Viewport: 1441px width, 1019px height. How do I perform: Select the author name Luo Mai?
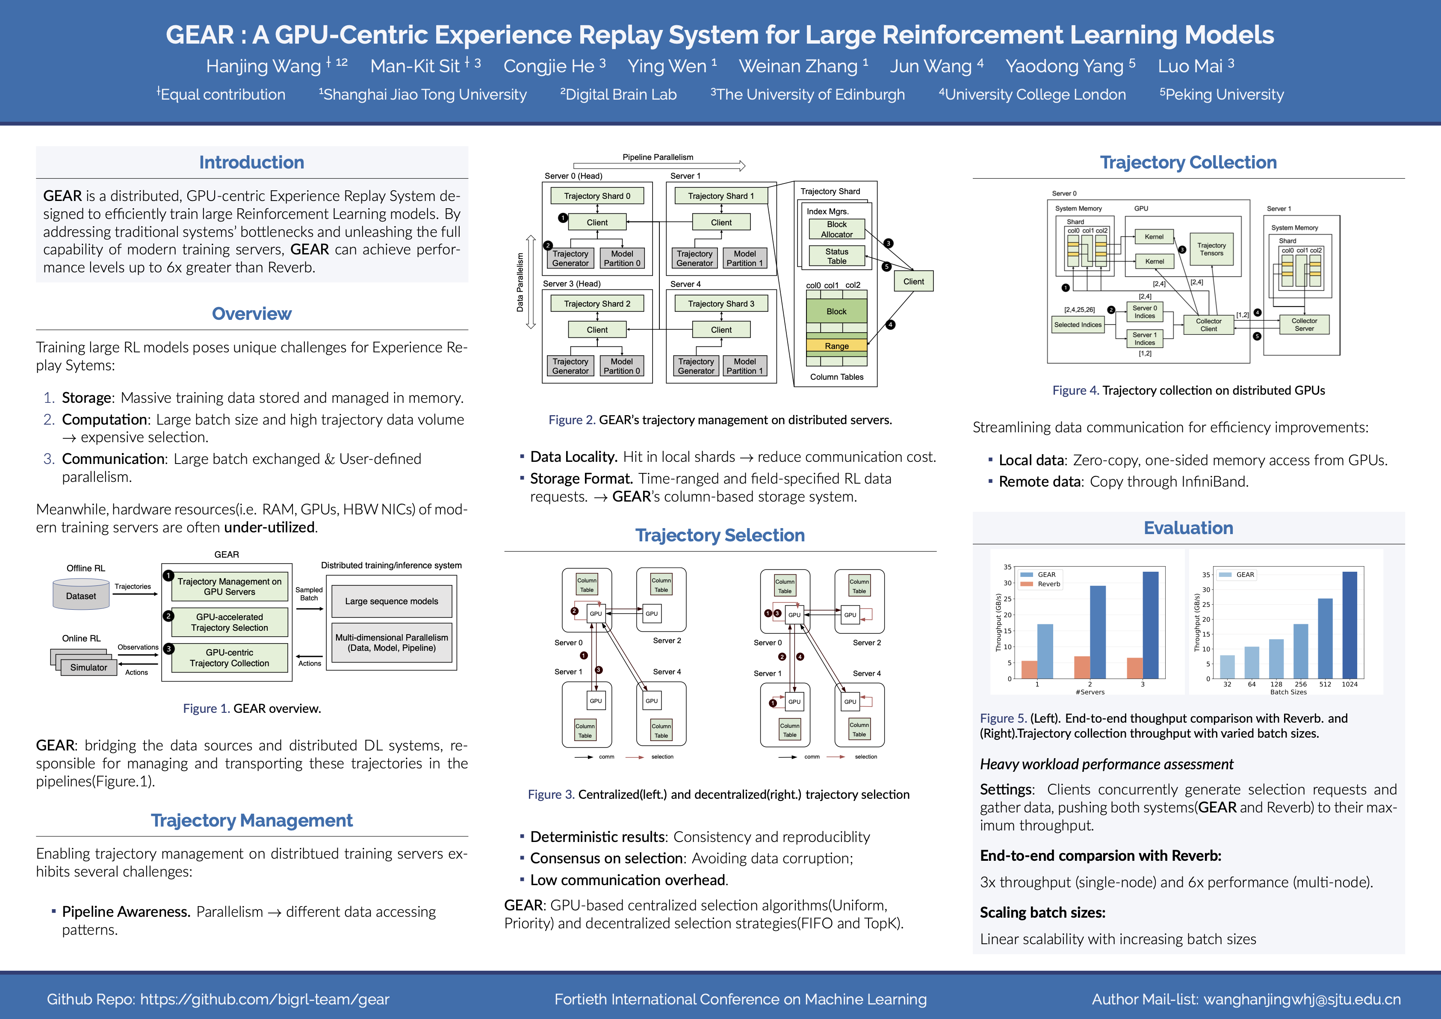click(x=1190, y=66)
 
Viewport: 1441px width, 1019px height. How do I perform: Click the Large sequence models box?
click(x=392, y=601)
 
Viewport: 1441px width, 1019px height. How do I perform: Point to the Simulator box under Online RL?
click(x=89, y=668)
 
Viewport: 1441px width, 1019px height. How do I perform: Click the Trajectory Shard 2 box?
click(x=597, y=304)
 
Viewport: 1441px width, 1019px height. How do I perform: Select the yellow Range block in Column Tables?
click(x=837, y=346)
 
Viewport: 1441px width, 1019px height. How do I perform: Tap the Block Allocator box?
click(x=837, y=229)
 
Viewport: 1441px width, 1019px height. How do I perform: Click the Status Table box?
click(x=837, y=256)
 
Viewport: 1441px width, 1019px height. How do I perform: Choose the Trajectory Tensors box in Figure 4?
click(x=1211, y=249)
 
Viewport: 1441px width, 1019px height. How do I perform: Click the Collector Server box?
click(x=1304, y=325)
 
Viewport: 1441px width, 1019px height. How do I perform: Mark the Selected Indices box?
click(x=1078, y=325)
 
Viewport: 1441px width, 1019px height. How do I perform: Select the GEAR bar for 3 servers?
click(x=1150, y=624)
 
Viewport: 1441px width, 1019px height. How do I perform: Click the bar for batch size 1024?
click(x=1349, y=624)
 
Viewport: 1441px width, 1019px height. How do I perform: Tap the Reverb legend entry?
click(x=1048, y=584)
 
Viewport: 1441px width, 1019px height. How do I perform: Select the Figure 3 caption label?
click(x=550, y=795)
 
